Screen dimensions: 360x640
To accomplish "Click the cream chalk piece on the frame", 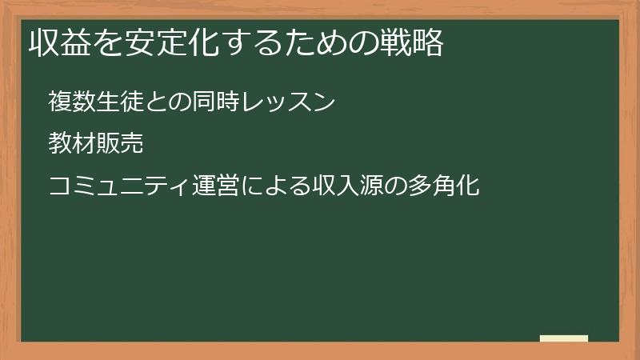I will (x=564, y=339).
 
